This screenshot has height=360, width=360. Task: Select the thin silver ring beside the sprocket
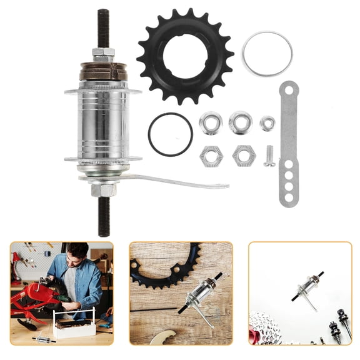pos(267,54)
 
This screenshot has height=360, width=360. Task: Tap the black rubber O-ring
pos(170,134)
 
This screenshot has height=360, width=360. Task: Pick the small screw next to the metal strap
pos(269,156)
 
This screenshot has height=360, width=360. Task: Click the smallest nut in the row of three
pos(267,123)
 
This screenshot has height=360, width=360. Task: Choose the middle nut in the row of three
pos(239,122)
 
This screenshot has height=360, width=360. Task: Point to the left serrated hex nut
pos(211,156)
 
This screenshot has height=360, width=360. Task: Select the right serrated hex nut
pos(243,156)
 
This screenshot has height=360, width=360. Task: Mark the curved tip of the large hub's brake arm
pos(222,186)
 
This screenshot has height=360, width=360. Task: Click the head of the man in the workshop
pos(77,253)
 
